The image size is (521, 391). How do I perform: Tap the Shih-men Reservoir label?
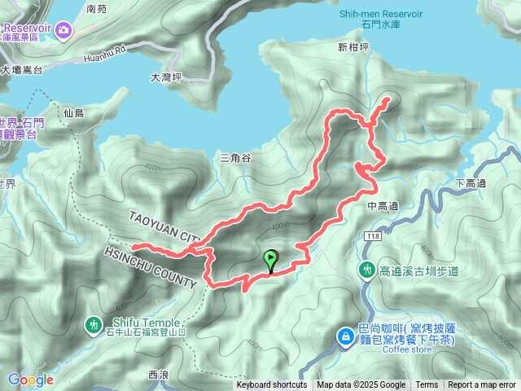coord(380,13)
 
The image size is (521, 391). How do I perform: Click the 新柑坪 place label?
coord(353,47)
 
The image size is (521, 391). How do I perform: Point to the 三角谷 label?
coord(235,157)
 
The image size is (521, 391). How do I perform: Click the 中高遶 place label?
coord(382,206)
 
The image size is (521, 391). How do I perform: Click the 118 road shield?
coord(373,236)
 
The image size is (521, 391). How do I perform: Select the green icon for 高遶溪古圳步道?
coord(366,270)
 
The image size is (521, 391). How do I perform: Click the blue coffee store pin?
coord(346,335)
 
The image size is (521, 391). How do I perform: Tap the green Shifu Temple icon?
coord(94,326)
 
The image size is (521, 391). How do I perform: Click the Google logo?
coord(30,380)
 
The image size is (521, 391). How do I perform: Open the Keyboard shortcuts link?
coord(272,385)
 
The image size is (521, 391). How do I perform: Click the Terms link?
coord(427,385)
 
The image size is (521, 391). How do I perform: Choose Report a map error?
coord(483,385)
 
